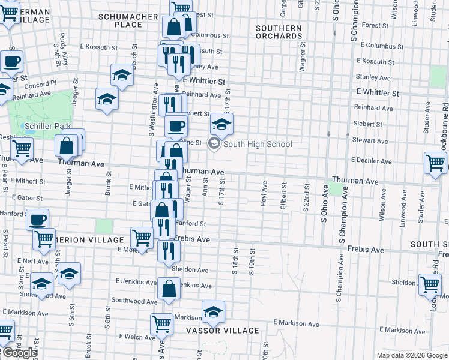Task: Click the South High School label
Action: pos(258,144)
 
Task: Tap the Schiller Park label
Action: pos(48,126)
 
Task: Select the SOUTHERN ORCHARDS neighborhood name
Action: pos(279,32)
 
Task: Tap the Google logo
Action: pos(19,353)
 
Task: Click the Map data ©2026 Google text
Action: pos(411,355)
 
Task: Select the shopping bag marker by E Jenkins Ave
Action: pos(169,289)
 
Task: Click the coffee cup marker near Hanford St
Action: pos(38,219)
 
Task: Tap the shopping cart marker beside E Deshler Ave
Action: pos(435,163)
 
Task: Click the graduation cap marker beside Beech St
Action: pos(122,76)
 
